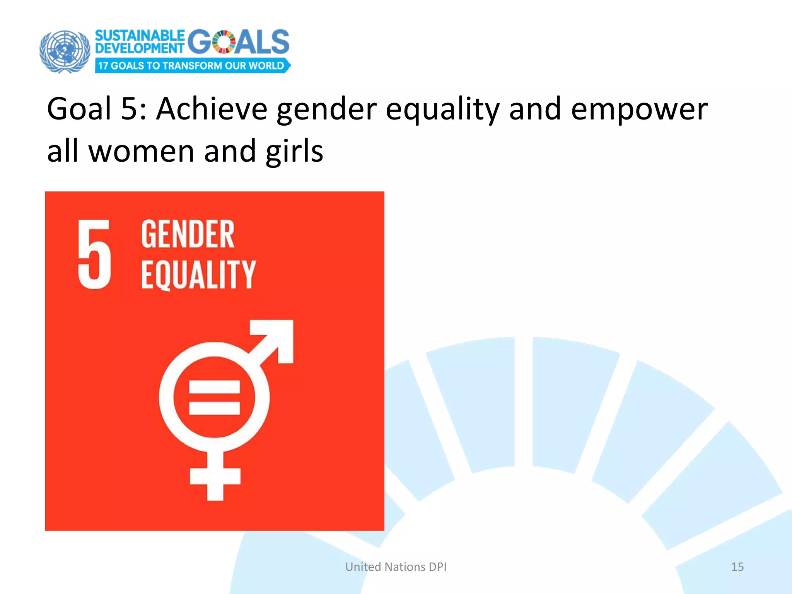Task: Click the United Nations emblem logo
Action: (65, 51)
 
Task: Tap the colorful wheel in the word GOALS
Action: (224, 42)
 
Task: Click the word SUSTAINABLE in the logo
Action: (140, 36)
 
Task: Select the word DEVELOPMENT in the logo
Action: (140, 48)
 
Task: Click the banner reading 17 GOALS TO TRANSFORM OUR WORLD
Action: (192, 66)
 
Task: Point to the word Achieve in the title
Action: (212, 109)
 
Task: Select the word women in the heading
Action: (142, 151)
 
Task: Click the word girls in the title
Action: (294, 151)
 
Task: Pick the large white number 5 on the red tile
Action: (94, 254)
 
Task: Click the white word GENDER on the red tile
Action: (188, 234)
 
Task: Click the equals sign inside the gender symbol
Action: (214, 398)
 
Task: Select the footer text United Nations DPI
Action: (396, 567)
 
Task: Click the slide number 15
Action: (737, 567)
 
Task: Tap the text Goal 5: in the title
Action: (97, 109)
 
